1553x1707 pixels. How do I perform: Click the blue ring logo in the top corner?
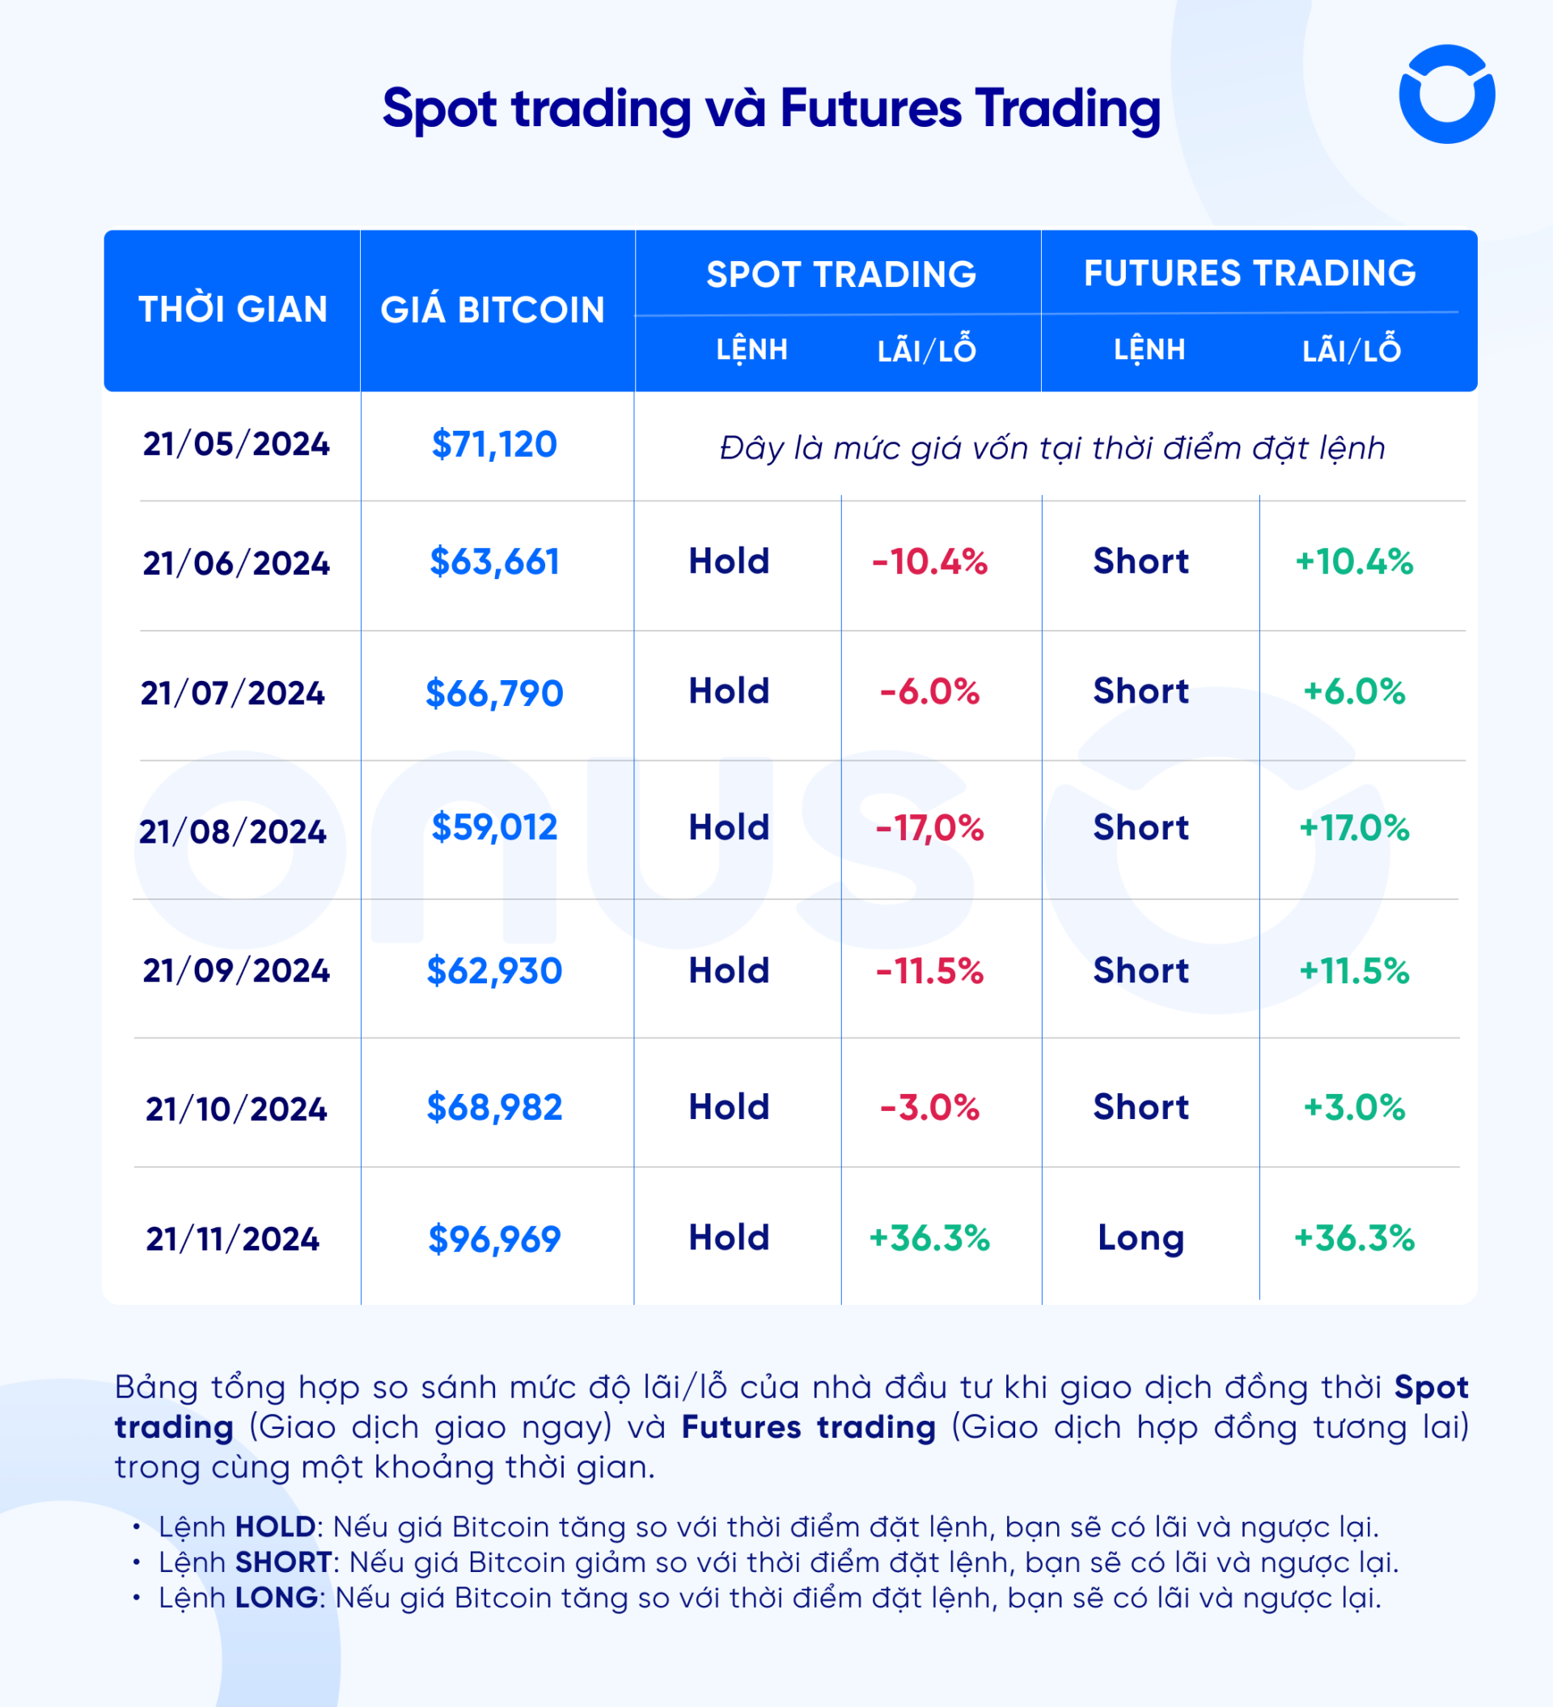[x=1446, y=94]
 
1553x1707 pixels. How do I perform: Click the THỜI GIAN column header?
[x=233, y=310]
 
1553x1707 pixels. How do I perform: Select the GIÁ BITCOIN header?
[x=492, y=310]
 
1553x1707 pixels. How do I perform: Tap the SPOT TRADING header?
[x=841, y=274]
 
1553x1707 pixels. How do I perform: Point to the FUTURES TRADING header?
[x=1249, y=273]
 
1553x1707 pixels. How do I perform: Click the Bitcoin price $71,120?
[x=494, y=445]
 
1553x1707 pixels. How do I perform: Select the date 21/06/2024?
[x=236, y=563]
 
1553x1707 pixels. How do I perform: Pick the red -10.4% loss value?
[x=929, y=562]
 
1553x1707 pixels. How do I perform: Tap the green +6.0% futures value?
[x=1354, y=691]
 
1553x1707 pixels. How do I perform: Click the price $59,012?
[x=494, y=827]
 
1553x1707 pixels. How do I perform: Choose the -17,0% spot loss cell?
[x=929, y=828]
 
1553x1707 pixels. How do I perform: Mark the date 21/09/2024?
[x=236, y=970]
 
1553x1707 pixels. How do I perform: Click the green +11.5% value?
[x=1354, y=971]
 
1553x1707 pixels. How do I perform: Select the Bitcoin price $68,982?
[x=494, y=1108]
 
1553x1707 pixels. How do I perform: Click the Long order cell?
[x=1140, y=1238]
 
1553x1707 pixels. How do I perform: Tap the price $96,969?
[x=494, y=1240]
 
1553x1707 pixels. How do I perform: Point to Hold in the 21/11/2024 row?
[x=729, y=1238]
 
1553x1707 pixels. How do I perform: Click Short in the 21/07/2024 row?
[x=1140, y=691]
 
